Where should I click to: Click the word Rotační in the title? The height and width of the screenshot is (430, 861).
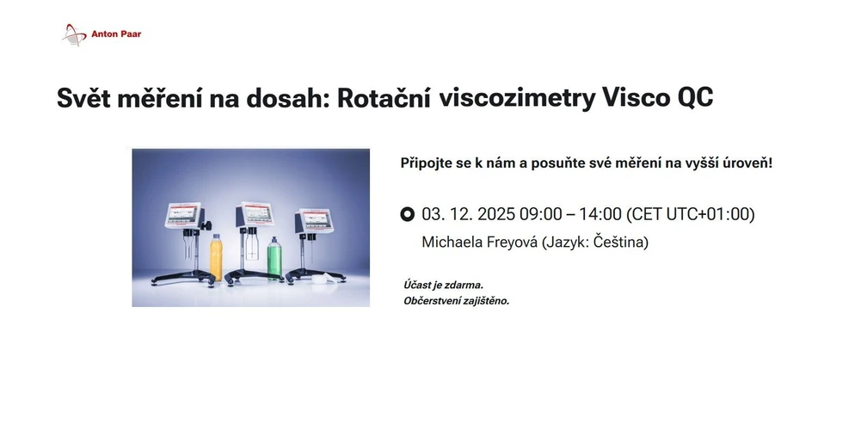tap(384, 98)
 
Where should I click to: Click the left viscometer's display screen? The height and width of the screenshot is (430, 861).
tap(184, 214)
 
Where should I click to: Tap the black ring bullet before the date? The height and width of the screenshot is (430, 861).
tap(408, 214)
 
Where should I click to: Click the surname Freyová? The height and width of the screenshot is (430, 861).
tap(507, 242)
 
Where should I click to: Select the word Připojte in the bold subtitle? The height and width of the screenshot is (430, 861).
tap(429, 162)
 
